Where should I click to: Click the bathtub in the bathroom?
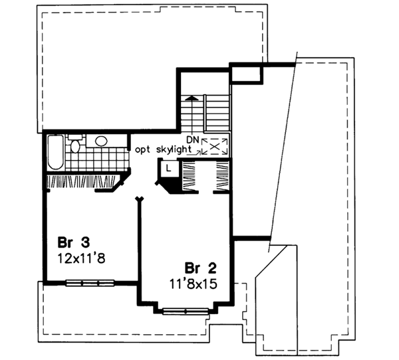coord(57,151)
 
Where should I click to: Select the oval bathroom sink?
coord(101,141)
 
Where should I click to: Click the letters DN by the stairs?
coord(192,139)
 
